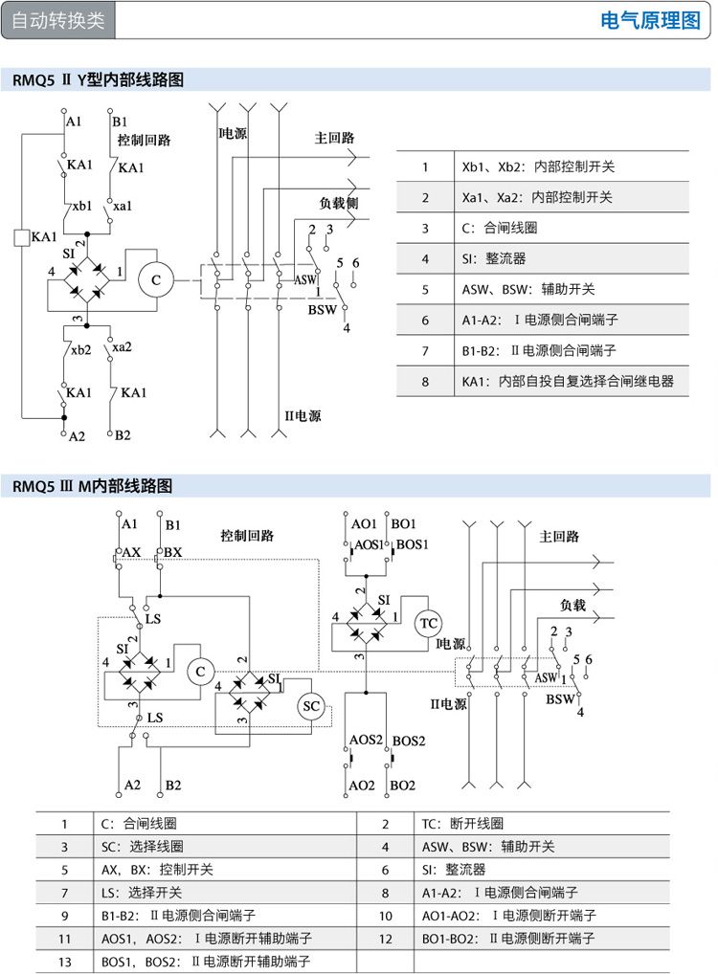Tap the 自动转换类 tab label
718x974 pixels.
pyautogui.click(x=58, y=21)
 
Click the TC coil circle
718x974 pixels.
pyautogui.click(x=429, y=624)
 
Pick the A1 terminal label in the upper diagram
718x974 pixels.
pyautogui.click(x=74, y=122)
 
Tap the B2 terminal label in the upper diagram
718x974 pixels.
pyautogui.click(x=123, y=435)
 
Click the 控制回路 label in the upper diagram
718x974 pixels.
pyautogui.click(x=144, y=141)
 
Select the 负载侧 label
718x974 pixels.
pyautogui.click(x=338, y=204)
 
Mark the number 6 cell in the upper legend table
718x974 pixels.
pyautogui.click(x=425, y=320)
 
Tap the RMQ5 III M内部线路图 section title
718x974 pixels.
pyautogui.click(x=93, y=486)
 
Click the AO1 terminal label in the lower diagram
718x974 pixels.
pyautogui.click(x=364, y=524)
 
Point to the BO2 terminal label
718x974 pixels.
pyautogui.click(x=403, y=785)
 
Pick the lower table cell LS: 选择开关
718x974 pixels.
pyautogui.click(x=142, y=892)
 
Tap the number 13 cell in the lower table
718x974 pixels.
pyautogui.click(x=64, y=961)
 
